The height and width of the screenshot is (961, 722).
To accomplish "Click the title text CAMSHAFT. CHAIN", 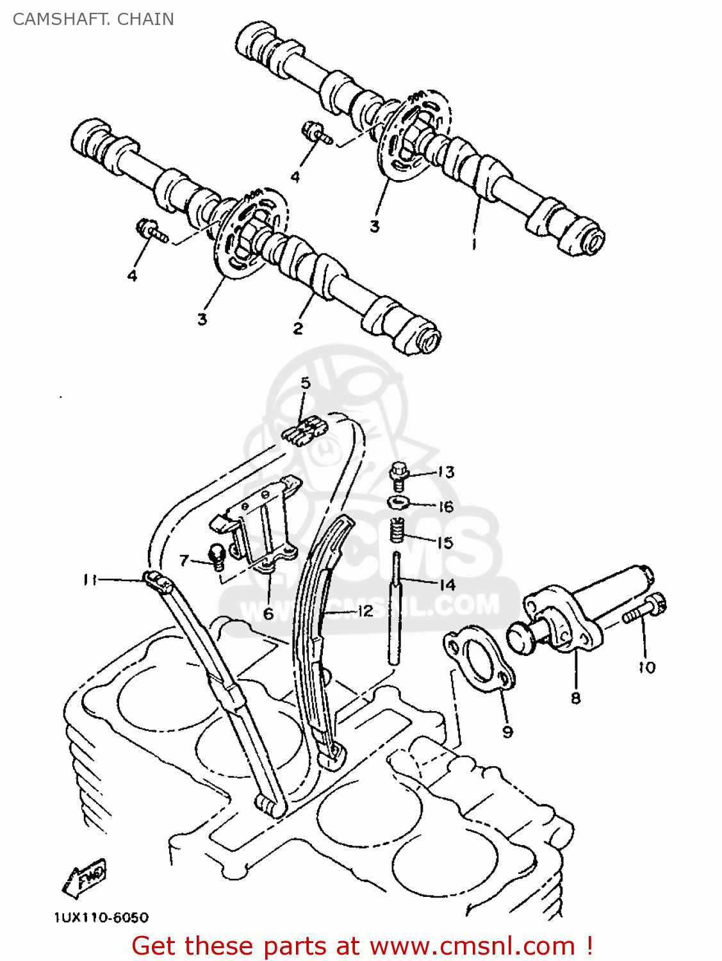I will [94, 19].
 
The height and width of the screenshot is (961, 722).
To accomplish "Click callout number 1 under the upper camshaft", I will [474, 244].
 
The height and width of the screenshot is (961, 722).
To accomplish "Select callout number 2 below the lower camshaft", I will [298, 329].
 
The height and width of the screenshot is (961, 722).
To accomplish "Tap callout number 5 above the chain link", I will [306, 383].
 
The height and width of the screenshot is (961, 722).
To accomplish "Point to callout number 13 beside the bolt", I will [447, 472].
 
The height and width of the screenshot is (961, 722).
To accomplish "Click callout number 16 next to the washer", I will [446, 507].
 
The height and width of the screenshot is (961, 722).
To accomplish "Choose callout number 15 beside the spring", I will [445, 543].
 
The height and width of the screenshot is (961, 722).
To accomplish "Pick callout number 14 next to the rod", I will [447, 584].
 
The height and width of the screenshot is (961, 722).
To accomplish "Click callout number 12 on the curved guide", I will [365, 611].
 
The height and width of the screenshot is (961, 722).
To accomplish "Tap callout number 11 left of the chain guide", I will [90, 580].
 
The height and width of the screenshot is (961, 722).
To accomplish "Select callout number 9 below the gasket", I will [507, 732].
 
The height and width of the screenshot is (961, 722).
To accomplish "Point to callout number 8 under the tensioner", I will [575, 698].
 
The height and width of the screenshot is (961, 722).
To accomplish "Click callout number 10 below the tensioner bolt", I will [647, 668].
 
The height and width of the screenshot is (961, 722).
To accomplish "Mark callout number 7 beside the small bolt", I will [185, 561].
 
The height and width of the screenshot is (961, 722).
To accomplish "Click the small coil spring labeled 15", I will [398, 529].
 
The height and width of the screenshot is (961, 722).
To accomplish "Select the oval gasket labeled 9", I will [480, 661].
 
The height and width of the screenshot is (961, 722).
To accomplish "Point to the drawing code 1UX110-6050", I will [101, 917].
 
